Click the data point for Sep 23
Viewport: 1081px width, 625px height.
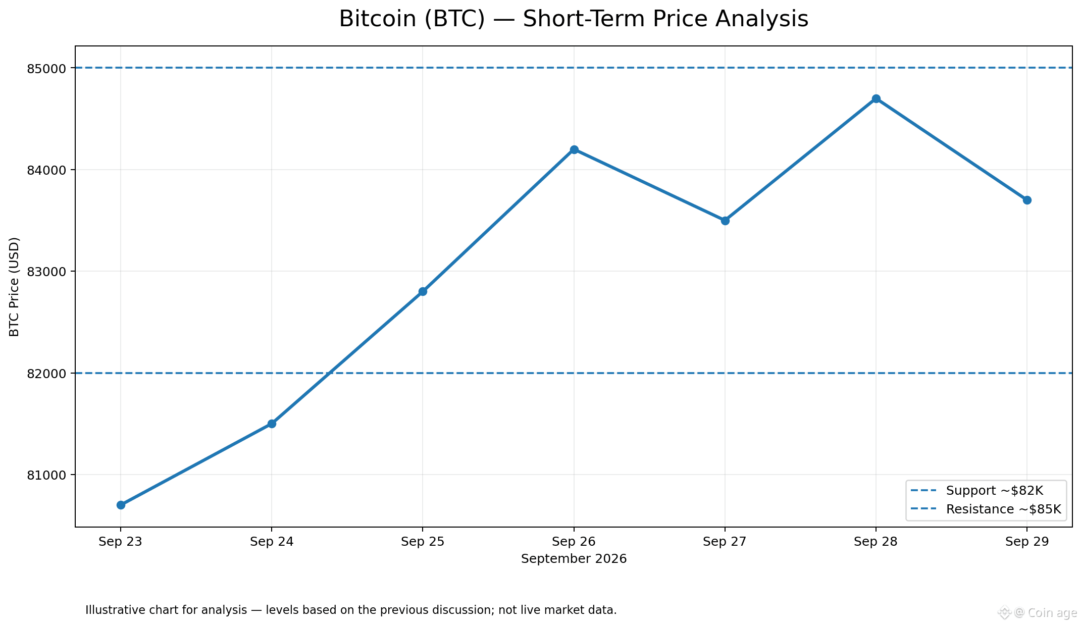(x=121, y=505)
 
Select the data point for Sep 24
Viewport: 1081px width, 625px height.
(x=272, y=424)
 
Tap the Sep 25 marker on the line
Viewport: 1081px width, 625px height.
(x=423, y=291)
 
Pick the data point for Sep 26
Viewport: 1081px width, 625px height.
(x=574, y=149)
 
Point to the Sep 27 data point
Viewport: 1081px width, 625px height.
(x=725, y=221)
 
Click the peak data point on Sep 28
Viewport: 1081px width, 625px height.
(x=876, y=98)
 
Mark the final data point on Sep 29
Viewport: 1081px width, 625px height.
(x=1027, y=200)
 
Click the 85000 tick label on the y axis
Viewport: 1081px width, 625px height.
(x=47, y=68)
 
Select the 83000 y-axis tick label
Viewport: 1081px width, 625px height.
(x=47, y=272)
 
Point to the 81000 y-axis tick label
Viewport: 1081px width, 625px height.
(x=47, y=475)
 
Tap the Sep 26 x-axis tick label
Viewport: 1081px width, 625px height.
(x=574, y=542)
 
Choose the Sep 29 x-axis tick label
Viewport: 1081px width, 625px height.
(x=1027, y=542)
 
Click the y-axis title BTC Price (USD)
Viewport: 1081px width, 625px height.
(x=15, y=287)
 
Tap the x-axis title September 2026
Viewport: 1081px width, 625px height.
(x=574, y=559)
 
